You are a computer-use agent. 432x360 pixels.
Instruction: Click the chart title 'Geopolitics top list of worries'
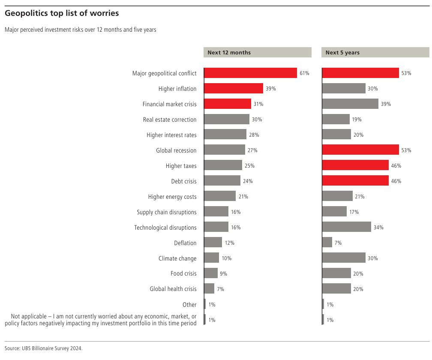(62, 13)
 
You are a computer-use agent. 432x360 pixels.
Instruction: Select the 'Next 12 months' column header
(229, 53)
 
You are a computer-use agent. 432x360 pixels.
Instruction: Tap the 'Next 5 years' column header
(342, 53)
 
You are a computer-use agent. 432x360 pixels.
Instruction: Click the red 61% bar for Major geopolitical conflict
(251, 73)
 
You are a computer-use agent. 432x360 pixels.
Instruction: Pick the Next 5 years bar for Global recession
(360, 150)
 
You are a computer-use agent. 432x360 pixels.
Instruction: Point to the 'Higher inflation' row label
(177, 89)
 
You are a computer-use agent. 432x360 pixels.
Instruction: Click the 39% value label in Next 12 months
(270, 89)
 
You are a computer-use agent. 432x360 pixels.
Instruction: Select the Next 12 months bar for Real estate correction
(227, 119)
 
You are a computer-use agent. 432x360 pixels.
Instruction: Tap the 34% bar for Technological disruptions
(346, 227)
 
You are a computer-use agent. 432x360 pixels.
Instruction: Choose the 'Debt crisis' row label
(184, 181)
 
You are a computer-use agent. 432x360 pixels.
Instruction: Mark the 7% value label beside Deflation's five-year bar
(338, 243)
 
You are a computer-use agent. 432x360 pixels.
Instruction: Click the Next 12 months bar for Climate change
(212, 258)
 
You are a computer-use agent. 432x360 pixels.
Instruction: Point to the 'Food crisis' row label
(183, 273)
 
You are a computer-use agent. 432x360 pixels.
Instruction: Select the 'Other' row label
(189, 305)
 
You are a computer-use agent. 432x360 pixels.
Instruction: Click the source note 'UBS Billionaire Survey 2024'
(43, 348)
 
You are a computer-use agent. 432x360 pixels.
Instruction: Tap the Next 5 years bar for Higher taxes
(355, 165)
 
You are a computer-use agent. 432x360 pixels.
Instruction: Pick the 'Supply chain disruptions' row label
(167, 212)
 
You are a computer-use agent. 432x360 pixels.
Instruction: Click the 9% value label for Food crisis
(223, 274)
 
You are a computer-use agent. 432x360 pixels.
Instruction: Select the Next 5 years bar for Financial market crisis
(350, 104)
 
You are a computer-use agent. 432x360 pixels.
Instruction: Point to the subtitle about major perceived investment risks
(81, 30)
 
